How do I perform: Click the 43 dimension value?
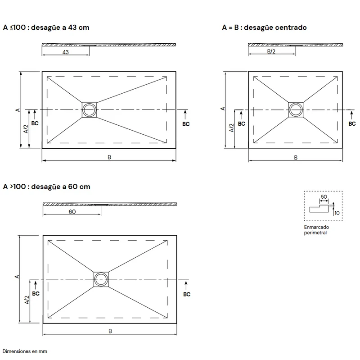tap(65, 52)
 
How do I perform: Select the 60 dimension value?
tap(72, 211)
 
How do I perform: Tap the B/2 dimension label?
tap(271, 51)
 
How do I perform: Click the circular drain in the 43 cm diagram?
tap(89, 109)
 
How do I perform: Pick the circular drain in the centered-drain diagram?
tap(296, 109)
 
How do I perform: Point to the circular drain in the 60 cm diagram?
tap(101, 279)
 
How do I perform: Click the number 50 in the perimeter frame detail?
tap(324, 197)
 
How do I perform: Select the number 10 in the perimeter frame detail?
tap(337, 213)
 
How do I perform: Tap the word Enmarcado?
tap(316, 227)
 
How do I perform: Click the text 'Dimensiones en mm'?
tap(25, 351)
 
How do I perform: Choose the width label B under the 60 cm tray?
tap(110, 331)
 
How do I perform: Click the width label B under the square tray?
tap(296, 157)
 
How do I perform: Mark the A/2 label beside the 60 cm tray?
tap(27, 300)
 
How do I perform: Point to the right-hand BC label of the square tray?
tap(352, 123)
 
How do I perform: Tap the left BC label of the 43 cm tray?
tap(35, 123)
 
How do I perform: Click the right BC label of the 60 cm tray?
tap(187, 294)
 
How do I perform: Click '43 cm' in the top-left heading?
tap(78, 27)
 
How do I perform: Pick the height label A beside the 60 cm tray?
tap(17, 277)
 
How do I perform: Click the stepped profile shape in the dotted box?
tap(319, 208)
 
